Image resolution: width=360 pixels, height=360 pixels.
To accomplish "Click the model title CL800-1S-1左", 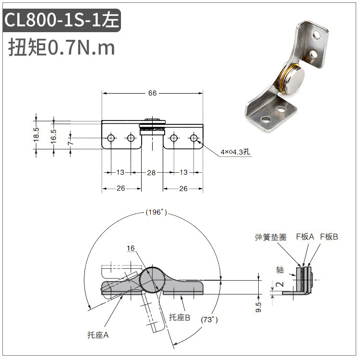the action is click(x=61, y=20).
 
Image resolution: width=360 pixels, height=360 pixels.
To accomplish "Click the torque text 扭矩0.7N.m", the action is click(x=61, y=48).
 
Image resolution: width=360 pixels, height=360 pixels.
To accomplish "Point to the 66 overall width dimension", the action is click(x=152, y=93).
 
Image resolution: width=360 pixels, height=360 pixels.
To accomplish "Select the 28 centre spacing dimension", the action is click(x=151, y=172).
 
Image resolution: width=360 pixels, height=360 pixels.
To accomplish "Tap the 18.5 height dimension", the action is click(x=36, y=134).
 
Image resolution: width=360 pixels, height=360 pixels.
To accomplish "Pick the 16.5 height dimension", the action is click(x=53, y=136).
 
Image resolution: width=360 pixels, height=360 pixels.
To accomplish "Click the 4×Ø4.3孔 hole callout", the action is click(x=235, y=152).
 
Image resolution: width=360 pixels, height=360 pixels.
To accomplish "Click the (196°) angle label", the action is click(x=156, y=212).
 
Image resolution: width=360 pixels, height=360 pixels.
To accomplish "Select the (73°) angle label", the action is click(x=209, y=320).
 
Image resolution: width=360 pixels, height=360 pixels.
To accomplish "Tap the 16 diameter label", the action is click(x=131, y=248).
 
